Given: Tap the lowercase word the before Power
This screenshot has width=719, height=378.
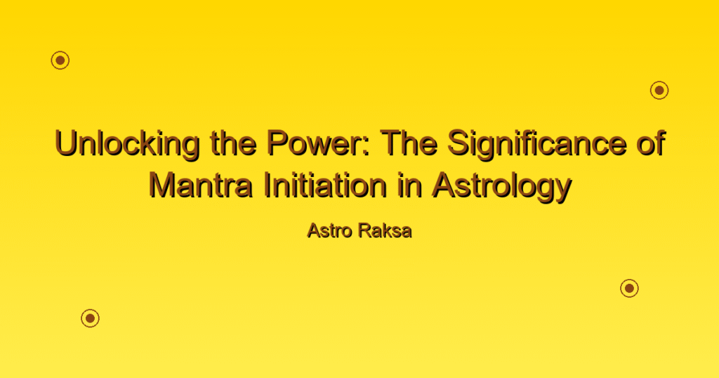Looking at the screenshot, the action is coord(233,143).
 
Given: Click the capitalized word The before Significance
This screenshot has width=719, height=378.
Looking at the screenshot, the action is coord(409,143).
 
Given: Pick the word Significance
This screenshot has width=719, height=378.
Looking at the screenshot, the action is coord(536,145).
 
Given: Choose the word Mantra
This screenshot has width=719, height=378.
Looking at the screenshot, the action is coord(201,185).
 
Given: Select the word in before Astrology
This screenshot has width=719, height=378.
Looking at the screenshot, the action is coord(409,185).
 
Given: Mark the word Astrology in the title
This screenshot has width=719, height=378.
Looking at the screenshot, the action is coord(501,187).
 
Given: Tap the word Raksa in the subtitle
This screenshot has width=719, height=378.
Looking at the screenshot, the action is coord(385,230).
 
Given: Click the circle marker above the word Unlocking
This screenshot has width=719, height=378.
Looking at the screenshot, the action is coord(60,60).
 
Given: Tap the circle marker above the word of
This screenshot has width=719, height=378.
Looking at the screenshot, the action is coord(659,91).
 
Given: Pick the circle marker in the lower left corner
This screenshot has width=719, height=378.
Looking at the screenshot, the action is coord(91,318).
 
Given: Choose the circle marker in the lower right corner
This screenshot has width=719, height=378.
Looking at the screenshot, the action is coord(630,288).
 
